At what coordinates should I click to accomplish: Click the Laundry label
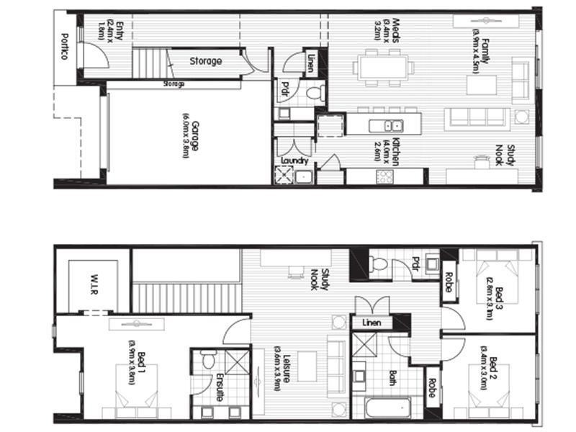[x=295, y=161]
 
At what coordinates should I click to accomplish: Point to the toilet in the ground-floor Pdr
[x=314, y=91]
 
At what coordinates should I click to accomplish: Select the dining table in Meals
[x=383, y=68]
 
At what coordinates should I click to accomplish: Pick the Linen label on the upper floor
[x=372, y=323]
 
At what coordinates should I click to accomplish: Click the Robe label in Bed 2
[x=432, y=389]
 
